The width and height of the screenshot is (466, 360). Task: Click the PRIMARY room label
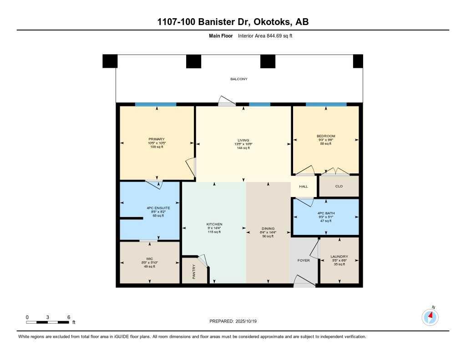coord(156,139)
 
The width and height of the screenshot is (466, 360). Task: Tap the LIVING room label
coord(243,140)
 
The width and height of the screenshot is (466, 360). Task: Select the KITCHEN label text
coord(214,224)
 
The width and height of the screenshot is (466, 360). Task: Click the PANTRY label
coord(194,272)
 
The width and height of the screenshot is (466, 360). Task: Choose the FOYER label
coord(303,260)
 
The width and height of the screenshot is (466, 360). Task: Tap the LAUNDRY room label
coord(339,257)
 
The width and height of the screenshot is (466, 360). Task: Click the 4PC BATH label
coord(325,213)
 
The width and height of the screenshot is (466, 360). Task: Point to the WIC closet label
coord(149,259)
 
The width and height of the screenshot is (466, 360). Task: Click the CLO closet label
coord(339,186)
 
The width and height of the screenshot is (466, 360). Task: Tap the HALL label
coord(303,186)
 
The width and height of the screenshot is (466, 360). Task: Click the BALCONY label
coord(238,79)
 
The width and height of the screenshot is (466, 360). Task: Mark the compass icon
coord(430,316)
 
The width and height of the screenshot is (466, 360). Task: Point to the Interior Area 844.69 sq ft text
coord(264,35)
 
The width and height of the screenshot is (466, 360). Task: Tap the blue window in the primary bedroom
coord(156,104)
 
